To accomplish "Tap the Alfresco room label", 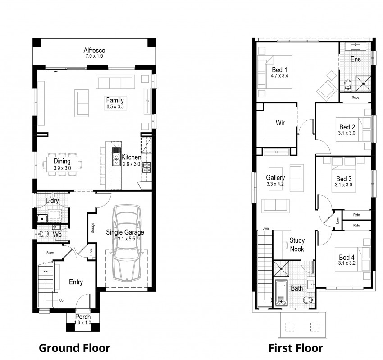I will [94, 50].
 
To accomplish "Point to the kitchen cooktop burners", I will [146, 167].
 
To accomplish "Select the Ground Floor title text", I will [74, 348].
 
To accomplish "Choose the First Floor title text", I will [296, 348].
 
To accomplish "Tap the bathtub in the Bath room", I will [281, 293].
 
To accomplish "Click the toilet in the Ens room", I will [347, 85].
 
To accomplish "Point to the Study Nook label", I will [296, 245].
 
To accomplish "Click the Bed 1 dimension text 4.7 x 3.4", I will [279, 76].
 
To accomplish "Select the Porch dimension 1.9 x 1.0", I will [82, 323].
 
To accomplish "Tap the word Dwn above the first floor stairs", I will [265, 228].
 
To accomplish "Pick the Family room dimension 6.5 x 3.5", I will [114, 107].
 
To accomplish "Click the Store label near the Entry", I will [50, 253].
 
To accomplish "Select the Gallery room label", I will [275, 178].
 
